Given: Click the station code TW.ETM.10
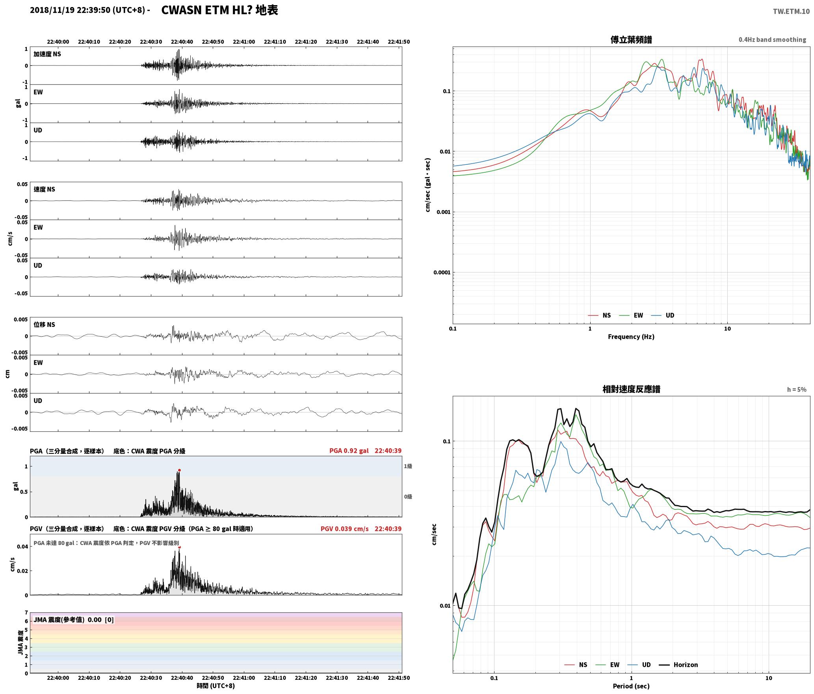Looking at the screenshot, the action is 791,11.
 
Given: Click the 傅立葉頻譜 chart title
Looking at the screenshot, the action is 631,39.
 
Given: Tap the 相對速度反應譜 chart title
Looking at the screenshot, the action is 631,389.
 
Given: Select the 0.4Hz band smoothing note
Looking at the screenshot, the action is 772,39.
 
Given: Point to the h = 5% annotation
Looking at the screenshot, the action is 797,390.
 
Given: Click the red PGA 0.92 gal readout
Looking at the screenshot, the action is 349,451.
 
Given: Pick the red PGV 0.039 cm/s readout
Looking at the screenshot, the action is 344,529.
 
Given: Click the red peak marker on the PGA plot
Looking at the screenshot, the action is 179,470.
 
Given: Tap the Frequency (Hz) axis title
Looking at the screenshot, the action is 631,337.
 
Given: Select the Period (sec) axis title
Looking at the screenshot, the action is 631,686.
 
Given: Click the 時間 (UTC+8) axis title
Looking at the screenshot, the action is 216,686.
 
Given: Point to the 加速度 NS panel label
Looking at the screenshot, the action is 47,54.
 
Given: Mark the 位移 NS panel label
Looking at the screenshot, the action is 44,325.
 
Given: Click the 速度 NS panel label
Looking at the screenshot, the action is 44,189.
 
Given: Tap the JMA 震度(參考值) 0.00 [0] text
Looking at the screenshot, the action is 74,620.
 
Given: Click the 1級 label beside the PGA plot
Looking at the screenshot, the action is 408,466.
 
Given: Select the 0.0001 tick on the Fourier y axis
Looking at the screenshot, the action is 442,272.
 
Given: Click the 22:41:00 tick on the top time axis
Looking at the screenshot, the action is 244,42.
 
